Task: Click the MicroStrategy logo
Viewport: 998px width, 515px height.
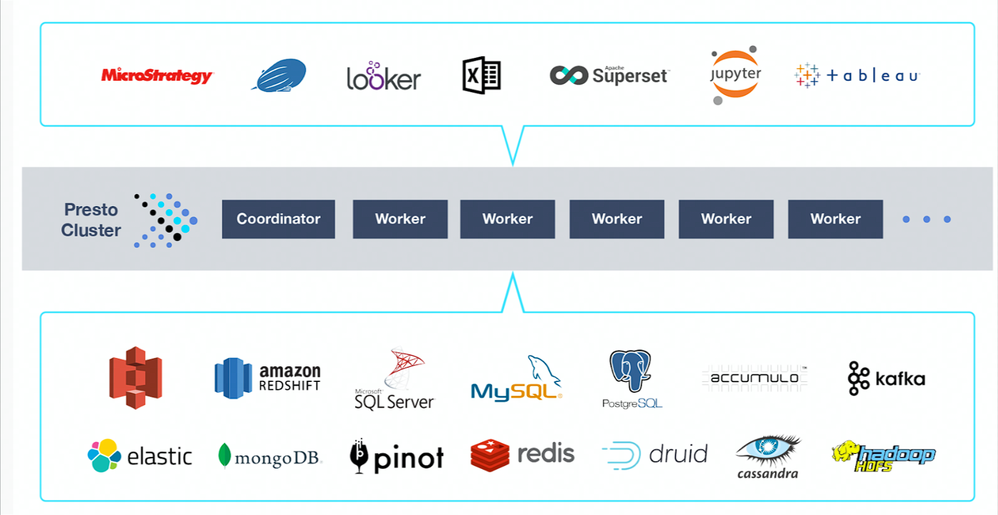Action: coord(157,76)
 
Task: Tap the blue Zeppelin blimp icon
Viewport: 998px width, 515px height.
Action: coord(280,76)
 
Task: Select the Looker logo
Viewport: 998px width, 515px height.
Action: coord(383,77)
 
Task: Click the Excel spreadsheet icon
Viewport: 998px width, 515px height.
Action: coord(482,76)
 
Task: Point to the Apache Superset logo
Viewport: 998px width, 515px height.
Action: coord(609,76)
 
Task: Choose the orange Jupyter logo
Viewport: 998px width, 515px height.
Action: coord(735,75)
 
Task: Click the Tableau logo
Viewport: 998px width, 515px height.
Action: coord(857,76)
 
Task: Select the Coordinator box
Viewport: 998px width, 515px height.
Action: coord(278,219)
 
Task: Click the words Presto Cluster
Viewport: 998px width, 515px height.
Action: coord(91,220)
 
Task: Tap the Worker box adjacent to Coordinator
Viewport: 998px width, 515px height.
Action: coord(400,219)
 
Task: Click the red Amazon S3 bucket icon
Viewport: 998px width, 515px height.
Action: coord(136,378)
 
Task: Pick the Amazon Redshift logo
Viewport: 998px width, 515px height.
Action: coord(268,378)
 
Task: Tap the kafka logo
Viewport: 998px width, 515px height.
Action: coord(886,378)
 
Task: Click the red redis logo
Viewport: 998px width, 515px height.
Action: coord(522,455)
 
